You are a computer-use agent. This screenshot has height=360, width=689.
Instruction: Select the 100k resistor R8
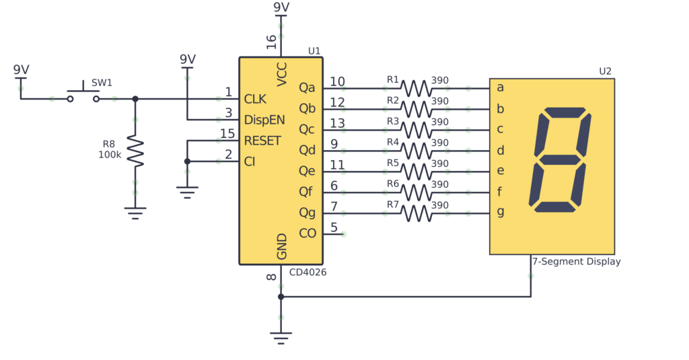coord(135,152)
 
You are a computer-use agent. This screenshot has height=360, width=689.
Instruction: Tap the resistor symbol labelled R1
coord(416,88)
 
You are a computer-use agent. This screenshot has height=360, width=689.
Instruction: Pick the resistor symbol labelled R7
coord(416,213)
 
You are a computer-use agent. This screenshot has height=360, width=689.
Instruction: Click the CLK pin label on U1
coord(255,100)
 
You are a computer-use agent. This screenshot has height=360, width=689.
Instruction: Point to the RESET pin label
coord(262,141)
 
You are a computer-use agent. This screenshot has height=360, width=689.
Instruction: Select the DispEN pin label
coord(264,120)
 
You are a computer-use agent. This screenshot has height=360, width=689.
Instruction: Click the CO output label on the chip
coord(307,233)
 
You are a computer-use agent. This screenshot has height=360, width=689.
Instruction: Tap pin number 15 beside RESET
coord(227,134)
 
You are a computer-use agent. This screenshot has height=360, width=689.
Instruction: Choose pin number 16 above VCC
coord(271,42)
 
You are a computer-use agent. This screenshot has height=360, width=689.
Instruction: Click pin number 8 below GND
coord(271,277)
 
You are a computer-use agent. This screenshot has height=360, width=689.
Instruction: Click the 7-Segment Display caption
coord(576,262)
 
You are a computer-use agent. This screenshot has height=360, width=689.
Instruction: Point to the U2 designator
coord(606,71)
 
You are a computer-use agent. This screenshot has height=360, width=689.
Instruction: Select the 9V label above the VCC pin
coord(281,7)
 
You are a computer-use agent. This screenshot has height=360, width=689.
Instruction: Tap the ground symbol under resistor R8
coord(135,213)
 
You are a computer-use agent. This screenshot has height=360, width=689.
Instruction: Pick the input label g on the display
coord(500,212)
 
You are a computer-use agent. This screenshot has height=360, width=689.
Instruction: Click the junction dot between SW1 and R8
coord(135,99)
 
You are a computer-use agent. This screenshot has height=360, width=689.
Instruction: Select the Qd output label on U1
coord(307,150)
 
